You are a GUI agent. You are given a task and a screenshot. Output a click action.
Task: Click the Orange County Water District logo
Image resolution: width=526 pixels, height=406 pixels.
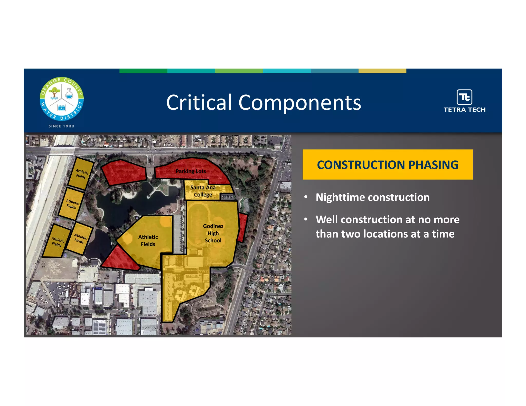62,99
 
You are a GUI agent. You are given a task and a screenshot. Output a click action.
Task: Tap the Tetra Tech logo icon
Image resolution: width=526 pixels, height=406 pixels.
464,97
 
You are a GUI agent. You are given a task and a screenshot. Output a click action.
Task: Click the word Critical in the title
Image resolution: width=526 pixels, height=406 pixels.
199,102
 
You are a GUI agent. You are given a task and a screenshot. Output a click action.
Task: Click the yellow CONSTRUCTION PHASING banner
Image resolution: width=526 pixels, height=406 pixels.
388,165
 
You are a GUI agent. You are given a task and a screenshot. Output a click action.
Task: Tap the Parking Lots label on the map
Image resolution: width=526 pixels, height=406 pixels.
191,171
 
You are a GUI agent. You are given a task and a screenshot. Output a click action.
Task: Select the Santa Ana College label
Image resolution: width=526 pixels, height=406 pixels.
203,191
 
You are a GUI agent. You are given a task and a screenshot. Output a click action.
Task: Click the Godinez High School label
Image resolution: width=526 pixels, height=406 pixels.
213,233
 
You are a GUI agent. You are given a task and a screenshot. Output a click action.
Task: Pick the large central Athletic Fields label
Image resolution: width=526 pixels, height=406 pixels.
148,240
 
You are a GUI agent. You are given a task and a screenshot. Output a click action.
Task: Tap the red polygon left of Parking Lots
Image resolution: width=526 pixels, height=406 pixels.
123,172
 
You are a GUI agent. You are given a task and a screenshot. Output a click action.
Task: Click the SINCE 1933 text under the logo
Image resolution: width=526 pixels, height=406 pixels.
61,126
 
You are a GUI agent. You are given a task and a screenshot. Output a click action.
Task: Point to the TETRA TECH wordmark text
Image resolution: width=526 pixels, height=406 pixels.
464,110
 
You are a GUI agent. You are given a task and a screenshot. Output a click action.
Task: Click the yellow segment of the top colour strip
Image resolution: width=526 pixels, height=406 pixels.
382,71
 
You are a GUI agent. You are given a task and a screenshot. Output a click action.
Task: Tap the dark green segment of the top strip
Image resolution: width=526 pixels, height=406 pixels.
143,71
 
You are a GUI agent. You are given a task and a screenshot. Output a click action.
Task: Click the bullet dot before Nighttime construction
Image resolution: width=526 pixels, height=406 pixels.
306,197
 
